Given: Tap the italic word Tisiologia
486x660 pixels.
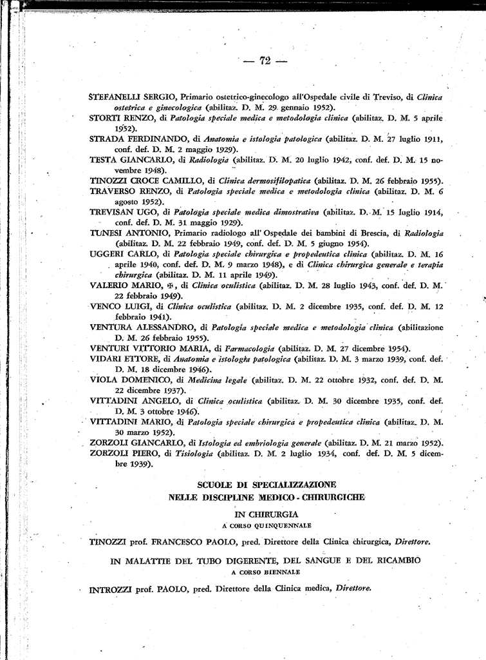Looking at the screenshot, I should [x=194, y=453].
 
